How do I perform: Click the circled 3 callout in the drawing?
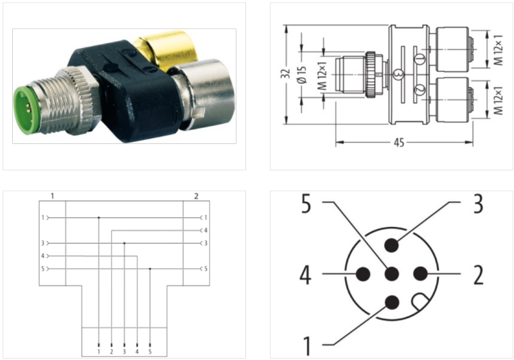(399, 75)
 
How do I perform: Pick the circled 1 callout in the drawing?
(418, 59)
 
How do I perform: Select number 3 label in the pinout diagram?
(477, 204)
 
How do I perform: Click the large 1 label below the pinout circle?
(308, 341)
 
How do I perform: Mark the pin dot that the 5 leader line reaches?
(392, 274)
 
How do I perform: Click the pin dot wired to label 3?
(392, 246)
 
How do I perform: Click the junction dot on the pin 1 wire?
(98, 217)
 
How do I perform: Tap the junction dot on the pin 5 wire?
(150, 269)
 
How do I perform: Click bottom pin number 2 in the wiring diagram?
(111, 352)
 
